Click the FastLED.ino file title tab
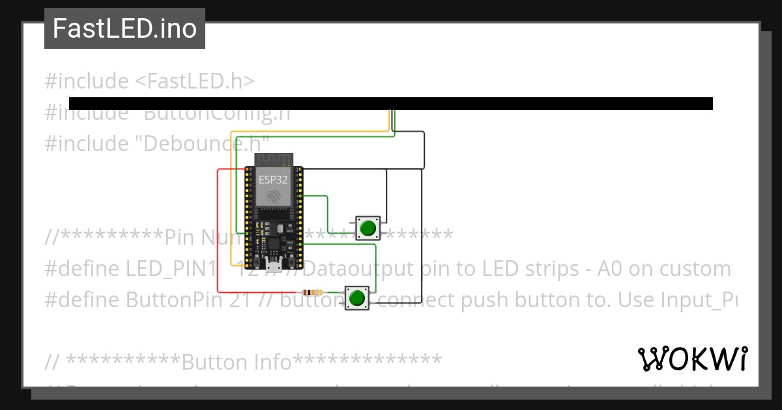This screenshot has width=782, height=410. point(124,29)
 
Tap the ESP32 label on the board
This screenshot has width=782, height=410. point(273,180)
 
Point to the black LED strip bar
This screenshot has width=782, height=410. point(390,103)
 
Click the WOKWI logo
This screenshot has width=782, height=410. point(693,359)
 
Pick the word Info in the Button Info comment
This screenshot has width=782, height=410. point(271,362)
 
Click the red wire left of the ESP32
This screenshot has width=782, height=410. point(218,228)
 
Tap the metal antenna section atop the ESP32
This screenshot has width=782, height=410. point(273,160)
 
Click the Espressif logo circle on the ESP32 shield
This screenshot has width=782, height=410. point(273,195)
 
